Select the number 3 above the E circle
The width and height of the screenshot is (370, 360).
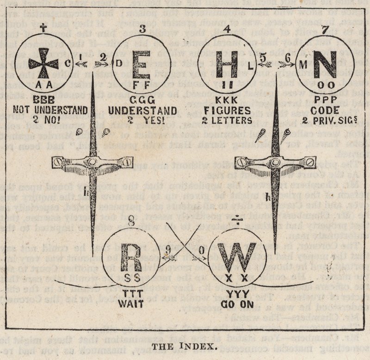tap(142, 29)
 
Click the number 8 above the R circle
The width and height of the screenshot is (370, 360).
tap(131, 221)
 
